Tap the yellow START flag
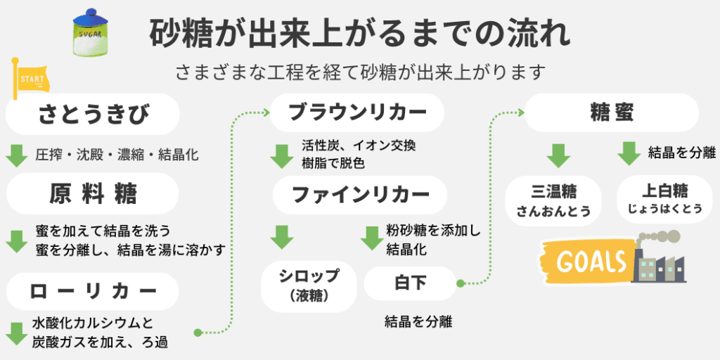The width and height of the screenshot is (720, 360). (30, 79)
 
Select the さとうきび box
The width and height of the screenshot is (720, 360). (93, 115)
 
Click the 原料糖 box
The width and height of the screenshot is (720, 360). (93, 193)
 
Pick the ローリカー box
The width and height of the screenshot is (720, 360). (93, 291)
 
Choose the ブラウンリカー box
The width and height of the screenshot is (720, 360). (358, 112)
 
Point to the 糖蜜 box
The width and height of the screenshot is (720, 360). (611, 112)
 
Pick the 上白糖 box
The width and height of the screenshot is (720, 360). (664, 199)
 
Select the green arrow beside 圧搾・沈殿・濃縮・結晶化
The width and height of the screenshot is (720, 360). (15, 155)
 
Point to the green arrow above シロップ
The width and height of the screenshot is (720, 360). (282, 237)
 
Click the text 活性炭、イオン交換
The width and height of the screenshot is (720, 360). (359, 146)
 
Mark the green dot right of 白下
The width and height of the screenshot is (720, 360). (461, 283)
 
